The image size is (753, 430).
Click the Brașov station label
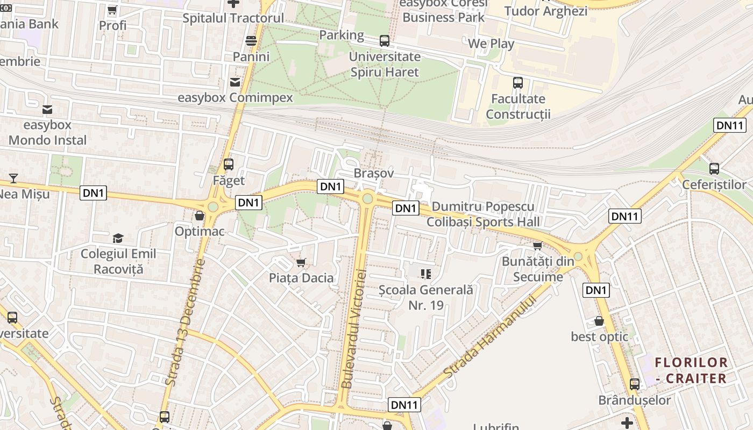pos(374,173)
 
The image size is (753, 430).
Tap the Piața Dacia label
pos(301,278)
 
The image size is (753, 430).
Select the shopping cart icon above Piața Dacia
pos(301,262)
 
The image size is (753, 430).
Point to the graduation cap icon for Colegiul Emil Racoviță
pos(118,238)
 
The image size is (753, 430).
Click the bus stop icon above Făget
pos(229,164)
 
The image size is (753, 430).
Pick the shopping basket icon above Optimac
pos(200,216)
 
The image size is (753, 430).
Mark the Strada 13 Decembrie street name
pos(186,322)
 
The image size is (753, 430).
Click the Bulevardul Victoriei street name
pos(354,329)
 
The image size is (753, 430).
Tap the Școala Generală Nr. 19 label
pos(426,297)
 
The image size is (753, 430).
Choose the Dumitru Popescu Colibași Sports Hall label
pos(483,214)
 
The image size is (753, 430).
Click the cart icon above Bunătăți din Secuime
pos(537,246)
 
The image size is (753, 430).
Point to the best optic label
pos(599,336)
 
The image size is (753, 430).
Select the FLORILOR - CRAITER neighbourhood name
pos(691,370)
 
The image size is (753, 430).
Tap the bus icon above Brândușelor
pos(635,384)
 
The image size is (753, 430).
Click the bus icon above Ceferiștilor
pos(714,168)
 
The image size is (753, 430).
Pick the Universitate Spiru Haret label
pos(385,64)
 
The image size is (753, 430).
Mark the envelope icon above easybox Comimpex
pos(235,82)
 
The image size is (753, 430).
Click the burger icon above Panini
pos(251,41)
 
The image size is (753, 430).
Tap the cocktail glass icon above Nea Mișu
pos(13,178)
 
